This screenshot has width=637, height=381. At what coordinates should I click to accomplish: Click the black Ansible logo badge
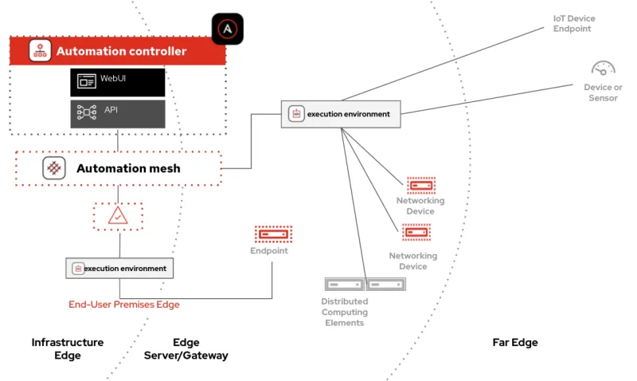tap(228, 29)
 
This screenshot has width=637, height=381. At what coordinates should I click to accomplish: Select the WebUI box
tap(117, 81)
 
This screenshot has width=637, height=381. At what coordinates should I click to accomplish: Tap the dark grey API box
tap(117, 113)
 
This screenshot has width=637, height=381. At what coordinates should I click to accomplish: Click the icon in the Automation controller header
tap(40, 51)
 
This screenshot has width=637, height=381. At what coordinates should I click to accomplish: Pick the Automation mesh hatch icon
tap(54, 168)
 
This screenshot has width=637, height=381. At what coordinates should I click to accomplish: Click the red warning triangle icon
tap(118, 215)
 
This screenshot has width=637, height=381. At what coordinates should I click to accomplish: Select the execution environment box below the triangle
tap(119, 268)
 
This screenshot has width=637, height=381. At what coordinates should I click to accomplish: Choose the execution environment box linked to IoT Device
tap(341, 114)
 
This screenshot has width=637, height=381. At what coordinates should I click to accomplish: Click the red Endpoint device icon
tap(273, 234)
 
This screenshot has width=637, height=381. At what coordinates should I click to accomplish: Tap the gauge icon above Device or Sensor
tap(603, 69)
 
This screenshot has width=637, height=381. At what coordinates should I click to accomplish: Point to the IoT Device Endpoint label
tap(574, 24)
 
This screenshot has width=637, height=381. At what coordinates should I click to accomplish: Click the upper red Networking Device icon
tap(420, 185)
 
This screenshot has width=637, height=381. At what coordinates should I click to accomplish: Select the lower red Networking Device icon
tap(416, 233)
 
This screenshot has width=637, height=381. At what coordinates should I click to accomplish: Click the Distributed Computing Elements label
tap(344, 312)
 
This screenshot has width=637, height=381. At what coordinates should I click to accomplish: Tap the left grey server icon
tap(344, 284)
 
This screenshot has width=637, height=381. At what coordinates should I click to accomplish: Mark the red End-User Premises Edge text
tap(123, 304)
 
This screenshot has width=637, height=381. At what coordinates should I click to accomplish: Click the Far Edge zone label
tap(515, 343)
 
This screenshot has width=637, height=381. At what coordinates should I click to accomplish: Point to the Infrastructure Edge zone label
tap(68, 348)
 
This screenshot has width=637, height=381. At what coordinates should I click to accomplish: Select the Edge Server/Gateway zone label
tap(186, 348)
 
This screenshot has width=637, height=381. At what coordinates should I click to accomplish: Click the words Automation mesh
tap(128, 168)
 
